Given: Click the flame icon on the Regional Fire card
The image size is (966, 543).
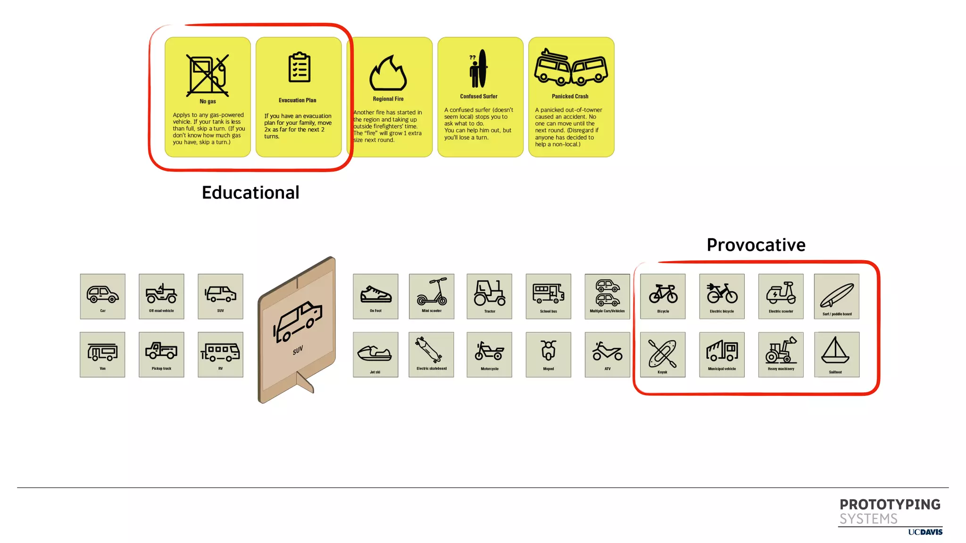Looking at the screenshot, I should [x=388, y=74].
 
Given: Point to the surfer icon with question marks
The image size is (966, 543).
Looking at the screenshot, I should [x=478, y=69].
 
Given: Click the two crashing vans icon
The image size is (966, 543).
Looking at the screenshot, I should [x=571, y=69].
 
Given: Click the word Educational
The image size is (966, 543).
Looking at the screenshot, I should [x=250, y=193].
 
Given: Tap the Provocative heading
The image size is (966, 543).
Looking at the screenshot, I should [x=756, y=245].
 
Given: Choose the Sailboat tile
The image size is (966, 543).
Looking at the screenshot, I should [x=836, y=354].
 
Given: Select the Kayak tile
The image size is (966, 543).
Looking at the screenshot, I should [x=663, y=354].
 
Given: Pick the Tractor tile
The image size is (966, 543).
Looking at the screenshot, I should [x=489, y=296].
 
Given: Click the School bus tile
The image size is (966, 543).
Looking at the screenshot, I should [x=548, y=296].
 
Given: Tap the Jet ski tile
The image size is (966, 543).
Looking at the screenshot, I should [x=375, y=354].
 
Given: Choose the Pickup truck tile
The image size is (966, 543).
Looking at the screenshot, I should [x=161, y=354].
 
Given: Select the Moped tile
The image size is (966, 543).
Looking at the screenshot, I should [x=548, y=354].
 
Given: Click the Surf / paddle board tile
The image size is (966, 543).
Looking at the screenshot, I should [x=836, y=296].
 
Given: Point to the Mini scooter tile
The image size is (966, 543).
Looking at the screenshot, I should [x=432, y=296].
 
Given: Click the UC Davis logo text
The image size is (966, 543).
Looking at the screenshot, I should [x=925, y=532].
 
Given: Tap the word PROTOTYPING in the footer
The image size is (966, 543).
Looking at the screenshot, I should [x=890, y=505].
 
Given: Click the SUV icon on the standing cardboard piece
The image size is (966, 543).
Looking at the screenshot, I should [x=298, y=322].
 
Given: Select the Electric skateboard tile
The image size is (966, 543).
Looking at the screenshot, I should [x=432, y=354].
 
